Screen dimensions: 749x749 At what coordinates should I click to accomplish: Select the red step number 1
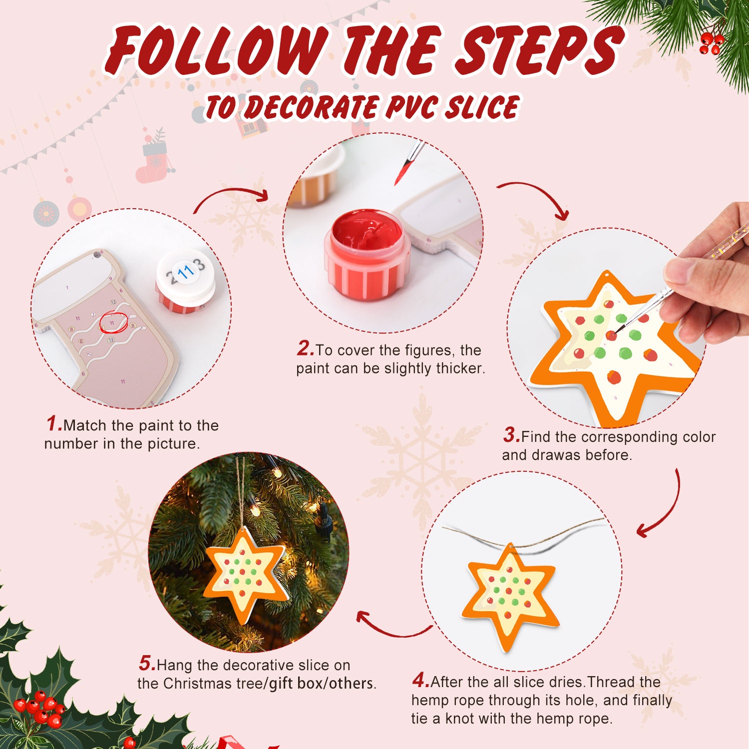[x=53, y=424]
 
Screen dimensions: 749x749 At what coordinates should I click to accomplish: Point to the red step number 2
[x=305, y=349]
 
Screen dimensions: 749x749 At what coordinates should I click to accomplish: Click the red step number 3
[x=511, y=435]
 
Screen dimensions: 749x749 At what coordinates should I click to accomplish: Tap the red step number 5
[x=147, y=664]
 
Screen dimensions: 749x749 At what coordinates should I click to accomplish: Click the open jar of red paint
[x=367, y=255]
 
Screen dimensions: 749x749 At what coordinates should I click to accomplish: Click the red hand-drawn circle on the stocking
[x=114, y=322]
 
